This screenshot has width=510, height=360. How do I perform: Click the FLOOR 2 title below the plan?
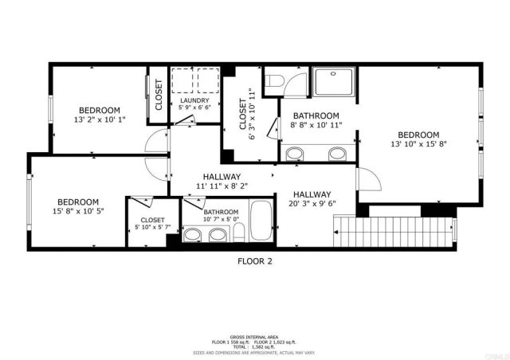click(x=255, y=260)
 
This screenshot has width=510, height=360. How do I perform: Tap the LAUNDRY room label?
click(x=194, y=100)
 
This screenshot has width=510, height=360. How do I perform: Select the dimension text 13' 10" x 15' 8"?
click(x=418, y=144)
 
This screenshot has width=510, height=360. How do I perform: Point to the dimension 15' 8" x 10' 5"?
click(x=77, y=211)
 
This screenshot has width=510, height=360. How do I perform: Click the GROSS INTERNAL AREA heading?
click(x=255, y=337)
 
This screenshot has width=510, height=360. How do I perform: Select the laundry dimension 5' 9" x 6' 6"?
click(x=194, y=108)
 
